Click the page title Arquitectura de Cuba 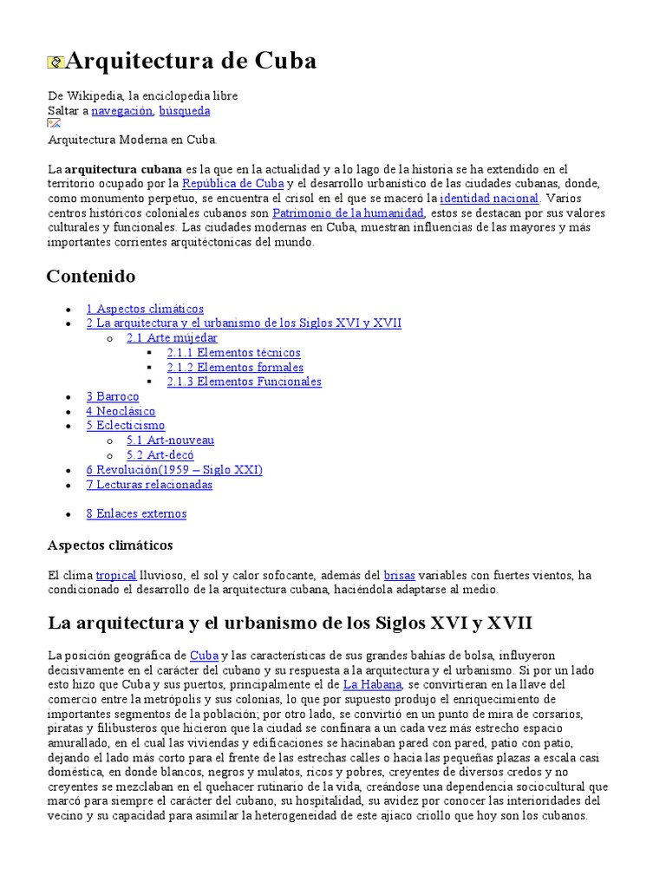click(191, 62)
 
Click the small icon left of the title click(55, 62)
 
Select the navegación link click(121, 111)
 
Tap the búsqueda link click(184, 111)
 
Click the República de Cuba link click(232, 184)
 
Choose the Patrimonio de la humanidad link click(349, 213)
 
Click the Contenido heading click(90, 277)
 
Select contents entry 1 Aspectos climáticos click(145, 309)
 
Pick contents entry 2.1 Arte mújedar click(172, 338)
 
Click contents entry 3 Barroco click(112, 396)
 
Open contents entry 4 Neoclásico click(121, 411)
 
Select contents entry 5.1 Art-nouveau click(170, 441)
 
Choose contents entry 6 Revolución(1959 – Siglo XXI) click(173, 470)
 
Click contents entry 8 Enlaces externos click(136, 513)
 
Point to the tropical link click(116, 575)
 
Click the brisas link click(399, 575)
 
